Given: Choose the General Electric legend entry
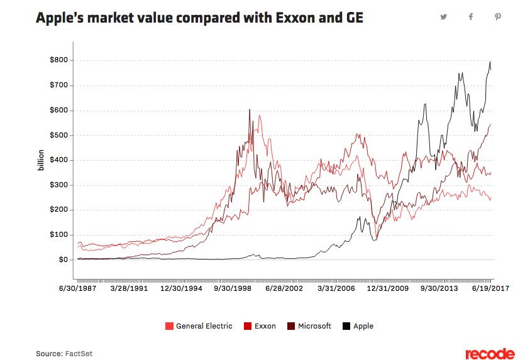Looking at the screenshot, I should (199, 326).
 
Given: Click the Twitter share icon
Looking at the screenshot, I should (444, 17).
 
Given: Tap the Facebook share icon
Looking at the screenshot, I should (470, 17).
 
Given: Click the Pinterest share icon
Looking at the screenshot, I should (497, 17).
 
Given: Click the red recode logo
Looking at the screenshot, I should (490, 354).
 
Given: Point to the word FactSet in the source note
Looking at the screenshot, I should (79, 354).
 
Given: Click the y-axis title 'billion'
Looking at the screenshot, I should (40, 160).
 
